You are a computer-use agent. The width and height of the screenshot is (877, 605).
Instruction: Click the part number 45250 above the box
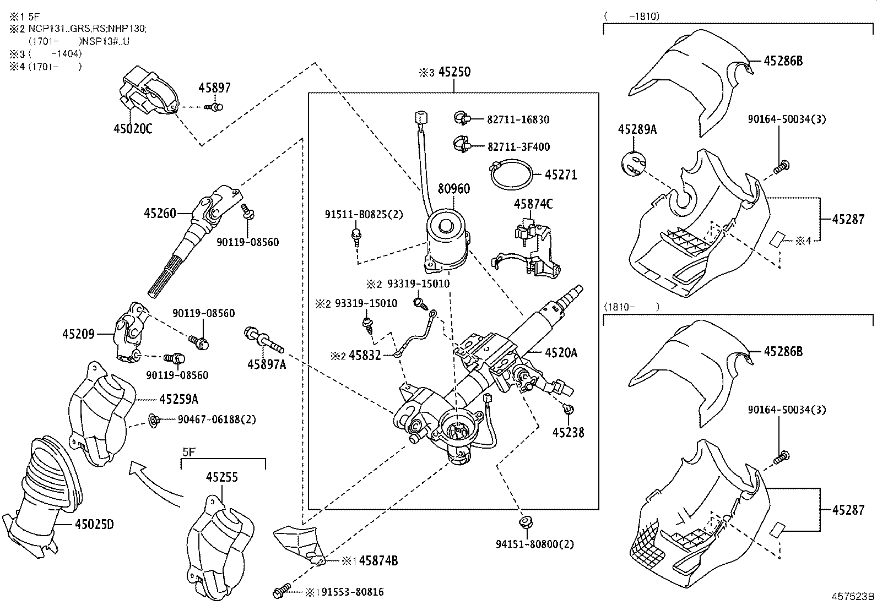coord(454,72)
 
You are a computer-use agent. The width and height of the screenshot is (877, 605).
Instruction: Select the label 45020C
coord(132,129)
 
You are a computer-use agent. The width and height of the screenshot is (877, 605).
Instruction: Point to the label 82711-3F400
coord(518,147)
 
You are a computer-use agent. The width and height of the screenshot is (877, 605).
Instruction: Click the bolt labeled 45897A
coord(263,341)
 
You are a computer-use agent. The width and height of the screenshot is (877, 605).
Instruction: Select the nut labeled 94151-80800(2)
coord(525,521)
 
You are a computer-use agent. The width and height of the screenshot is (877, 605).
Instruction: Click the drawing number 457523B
coord(853,597)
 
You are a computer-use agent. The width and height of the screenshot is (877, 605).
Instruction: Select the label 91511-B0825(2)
coord(364,215)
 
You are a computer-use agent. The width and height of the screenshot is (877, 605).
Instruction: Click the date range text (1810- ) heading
coord(631,307)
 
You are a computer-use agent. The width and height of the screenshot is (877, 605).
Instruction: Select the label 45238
coord(568,433)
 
